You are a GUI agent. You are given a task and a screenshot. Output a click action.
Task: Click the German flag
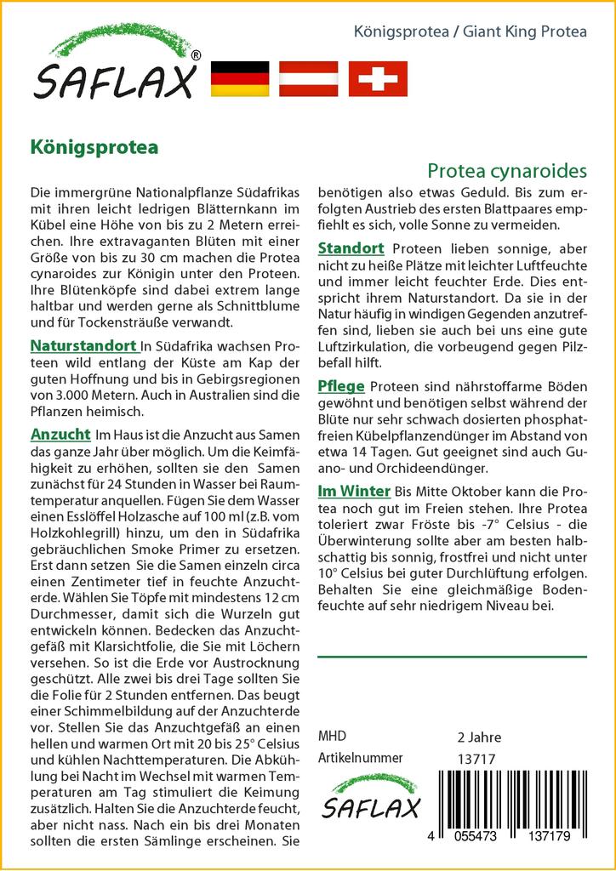coord(239,78)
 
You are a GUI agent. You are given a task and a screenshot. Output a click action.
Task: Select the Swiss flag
coord(377,78)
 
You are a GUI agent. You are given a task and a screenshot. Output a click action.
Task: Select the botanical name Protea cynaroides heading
coord(507,170)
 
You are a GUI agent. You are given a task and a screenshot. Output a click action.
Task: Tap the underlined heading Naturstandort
coord(83,346)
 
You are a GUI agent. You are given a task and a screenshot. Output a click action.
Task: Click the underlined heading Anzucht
coord(60,433)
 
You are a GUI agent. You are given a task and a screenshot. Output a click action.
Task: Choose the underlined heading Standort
coord(351,248)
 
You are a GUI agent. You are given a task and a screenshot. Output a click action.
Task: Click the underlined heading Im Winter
coord(353,491)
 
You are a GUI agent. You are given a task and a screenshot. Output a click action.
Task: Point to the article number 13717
coord(476,758)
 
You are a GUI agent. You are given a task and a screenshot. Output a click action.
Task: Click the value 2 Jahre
coord(479,737)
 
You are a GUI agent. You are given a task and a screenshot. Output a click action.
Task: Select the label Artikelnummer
coord(359,758)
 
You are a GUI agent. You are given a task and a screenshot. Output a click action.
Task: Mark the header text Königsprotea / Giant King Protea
coord(470,32)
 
